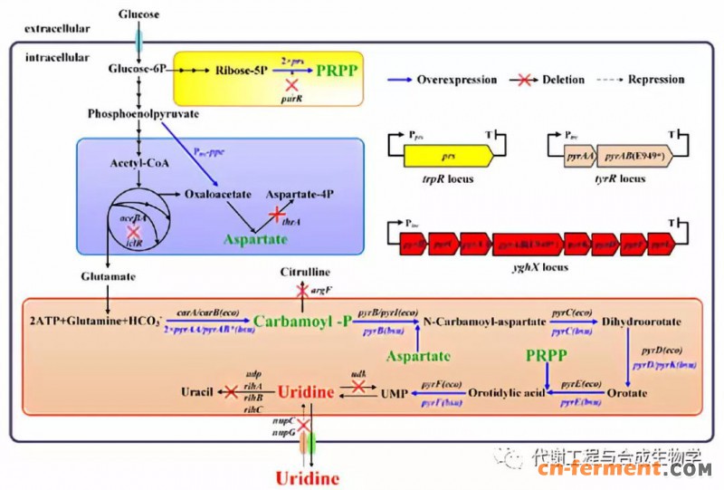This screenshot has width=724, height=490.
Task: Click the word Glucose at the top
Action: click(138, 15)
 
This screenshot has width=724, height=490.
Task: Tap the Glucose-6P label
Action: click(138, 69)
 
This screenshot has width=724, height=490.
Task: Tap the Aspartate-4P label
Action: click(300, 194)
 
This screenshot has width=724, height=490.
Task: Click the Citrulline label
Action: click(305, 273)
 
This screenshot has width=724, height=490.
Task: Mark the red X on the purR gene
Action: click(292, 84)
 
